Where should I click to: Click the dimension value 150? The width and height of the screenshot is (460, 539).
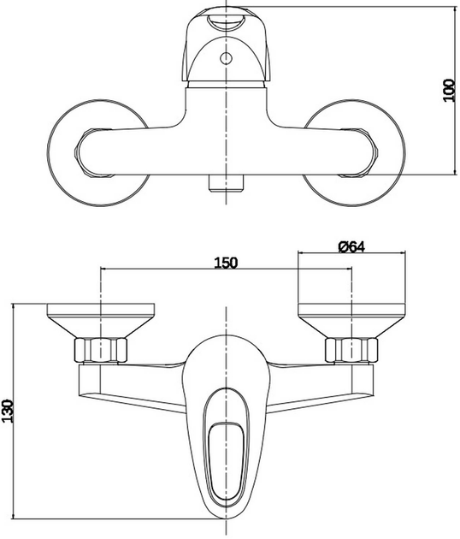225,262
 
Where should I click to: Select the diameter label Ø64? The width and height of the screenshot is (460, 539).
351,246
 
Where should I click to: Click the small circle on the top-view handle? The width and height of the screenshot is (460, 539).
227,59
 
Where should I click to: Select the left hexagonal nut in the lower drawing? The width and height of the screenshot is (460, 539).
101,350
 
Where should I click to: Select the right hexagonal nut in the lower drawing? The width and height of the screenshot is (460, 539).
351,350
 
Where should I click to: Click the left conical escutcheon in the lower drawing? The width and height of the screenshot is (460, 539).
101,322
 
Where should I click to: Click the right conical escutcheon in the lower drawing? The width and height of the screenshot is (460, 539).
351,322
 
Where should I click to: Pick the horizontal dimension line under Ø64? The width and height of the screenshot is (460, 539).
351,253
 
